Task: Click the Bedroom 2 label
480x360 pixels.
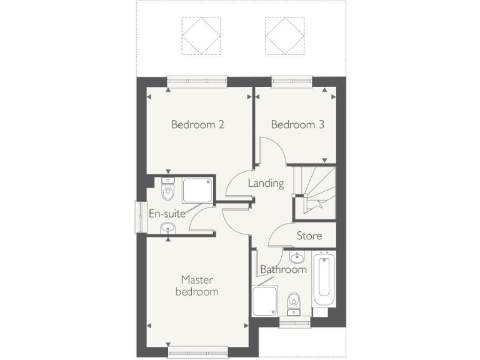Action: tap(197, 124)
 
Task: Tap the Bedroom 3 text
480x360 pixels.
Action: tap(297, 124)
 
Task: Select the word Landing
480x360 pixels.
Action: tap(266, 184)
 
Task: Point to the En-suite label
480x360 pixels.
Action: tap(167, 213)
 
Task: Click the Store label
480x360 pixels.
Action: tap(309, 236)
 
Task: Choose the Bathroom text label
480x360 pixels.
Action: tap(283, 270)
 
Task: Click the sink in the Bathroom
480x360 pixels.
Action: tap(297, 257)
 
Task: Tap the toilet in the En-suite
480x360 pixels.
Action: tap(167, 189)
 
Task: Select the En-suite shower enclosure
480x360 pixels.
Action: tap(197, 191)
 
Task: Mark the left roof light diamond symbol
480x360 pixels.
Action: tap(200, 35)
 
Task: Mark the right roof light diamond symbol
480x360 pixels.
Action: tap(284, 35)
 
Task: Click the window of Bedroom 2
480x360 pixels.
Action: tap(197, 79)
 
